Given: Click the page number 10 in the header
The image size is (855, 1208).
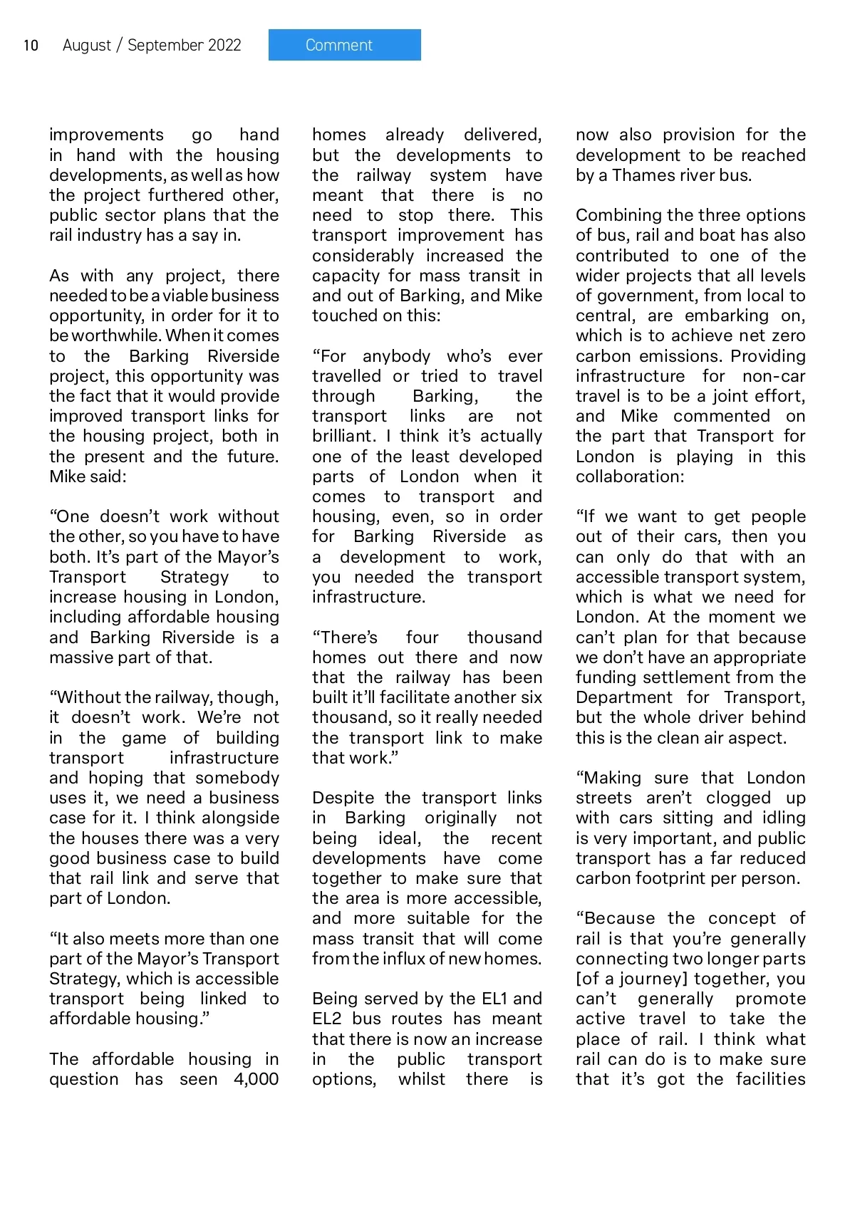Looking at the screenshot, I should [x=31, y=46].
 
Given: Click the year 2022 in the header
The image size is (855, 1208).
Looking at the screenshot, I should [x=224, y=46].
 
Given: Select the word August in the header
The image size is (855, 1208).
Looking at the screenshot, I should [x=87, y=46].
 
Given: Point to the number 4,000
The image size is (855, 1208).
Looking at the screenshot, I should [x=256, y=1079].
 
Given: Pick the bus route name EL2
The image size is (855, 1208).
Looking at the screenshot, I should [x=327, y=1019].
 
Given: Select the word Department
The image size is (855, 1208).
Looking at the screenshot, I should [x=623, y=697].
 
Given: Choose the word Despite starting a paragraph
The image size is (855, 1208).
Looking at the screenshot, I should [x=343, y=798].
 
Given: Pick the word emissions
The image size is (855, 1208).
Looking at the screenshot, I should [x=674, y=356].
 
